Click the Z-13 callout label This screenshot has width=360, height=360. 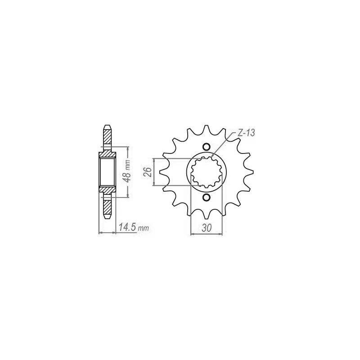point(246,133)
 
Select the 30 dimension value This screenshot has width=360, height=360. point(207,228)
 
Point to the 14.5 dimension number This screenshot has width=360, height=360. point(128,227)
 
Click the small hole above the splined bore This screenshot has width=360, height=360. point(206,147)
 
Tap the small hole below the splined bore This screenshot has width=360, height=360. point(206,197)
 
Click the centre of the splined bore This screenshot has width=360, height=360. point(207,172)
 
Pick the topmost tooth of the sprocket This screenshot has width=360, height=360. point(206,130)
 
